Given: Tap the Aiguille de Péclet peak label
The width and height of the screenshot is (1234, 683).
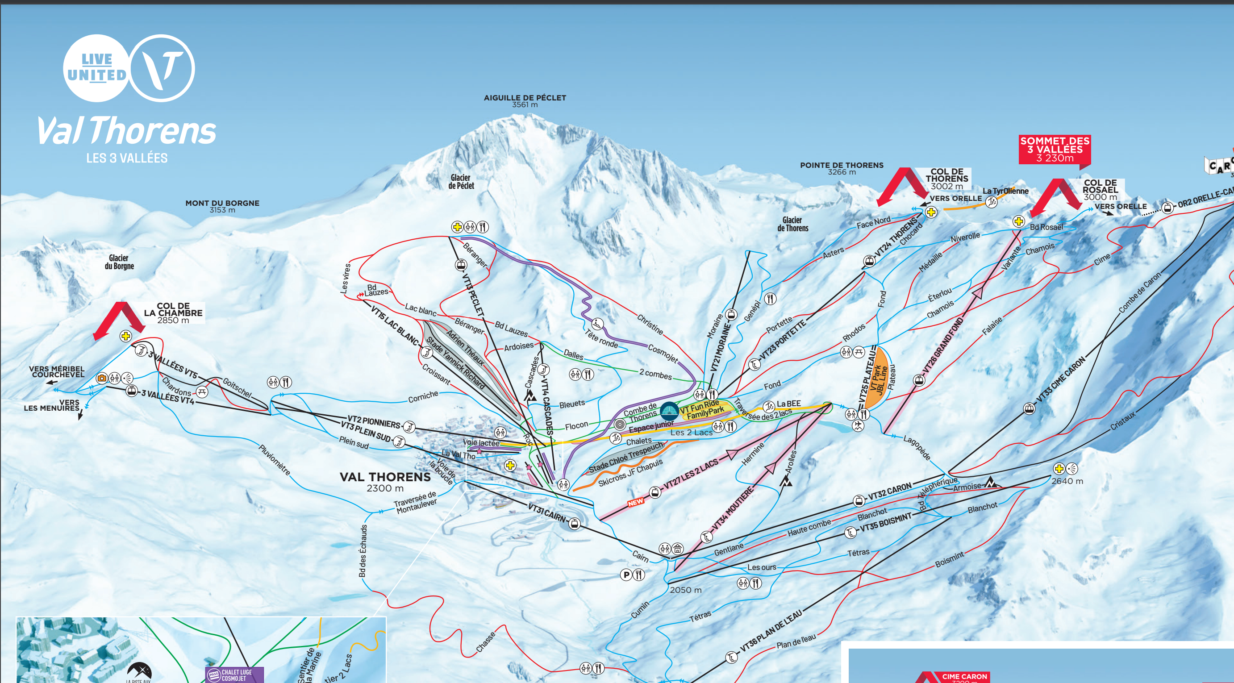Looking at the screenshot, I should pos(525,100).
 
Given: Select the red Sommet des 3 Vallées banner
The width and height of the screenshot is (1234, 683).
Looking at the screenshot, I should pos(1055,150).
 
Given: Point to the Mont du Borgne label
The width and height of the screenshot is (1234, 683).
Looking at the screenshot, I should pos(222,206).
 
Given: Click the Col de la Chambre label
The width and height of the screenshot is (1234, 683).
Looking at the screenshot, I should pos(173,313).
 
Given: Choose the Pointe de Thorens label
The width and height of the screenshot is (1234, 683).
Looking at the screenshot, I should pos(841,168).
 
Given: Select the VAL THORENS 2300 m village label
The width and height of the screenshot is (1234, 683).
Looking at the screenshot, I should pos(385,481).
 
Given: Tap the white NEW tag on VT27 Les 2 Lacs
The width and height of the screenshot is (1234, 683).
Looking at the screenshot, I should pos(635,502).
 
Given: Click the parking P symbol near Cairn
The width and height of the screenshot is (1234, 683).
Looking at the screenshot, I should pos(626,574).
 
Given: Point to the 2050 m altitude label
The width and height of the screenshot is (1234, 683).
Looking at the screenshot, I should pos(685,590).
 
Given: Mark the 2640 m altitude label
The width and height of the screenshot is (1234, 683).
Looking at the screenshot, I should pos(1067,481).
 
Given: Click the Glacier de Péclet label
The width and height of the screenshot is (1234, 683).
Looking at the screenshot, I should pos(461,182).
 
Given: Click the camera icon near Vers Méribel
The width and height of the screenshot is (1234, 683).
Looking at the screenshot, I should pos(101,378).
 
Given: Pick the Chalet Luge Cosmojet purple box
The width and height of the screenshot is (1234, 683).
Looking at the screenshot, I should pos(235,675).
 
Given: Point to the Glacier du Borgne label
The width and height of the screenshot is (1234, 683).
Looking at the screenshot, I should pos(119,262).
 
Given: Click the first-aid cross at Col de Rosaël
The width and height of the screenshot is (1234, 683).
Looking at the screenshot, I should pos(1018,221).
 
